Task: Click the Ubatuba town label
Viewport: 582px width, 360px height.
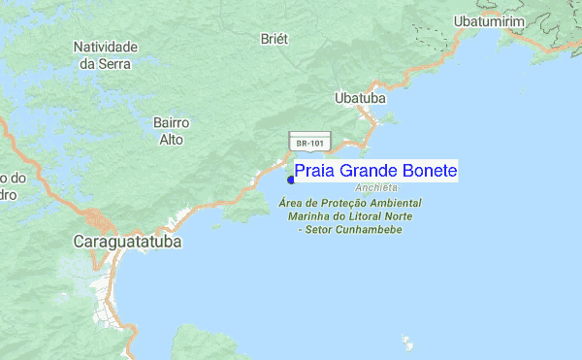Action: point(360,98)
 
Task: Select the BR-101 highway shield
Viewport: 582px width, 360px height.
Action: point(311,143)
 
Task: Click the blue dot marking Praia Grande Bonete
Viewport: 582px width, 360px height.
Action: point(291,179)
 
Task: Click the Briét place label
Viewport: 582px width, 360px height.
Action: point(276,38)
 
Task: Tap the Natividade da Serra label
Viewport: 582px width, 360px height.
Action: point(106,54)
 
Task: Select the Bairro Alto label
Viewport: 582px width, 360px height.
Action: point(171,131)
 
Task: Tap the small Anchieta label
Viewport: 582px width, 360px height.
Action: point(376,187)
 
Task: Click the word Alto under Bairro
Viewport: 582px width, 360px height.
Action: point(171,139)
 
